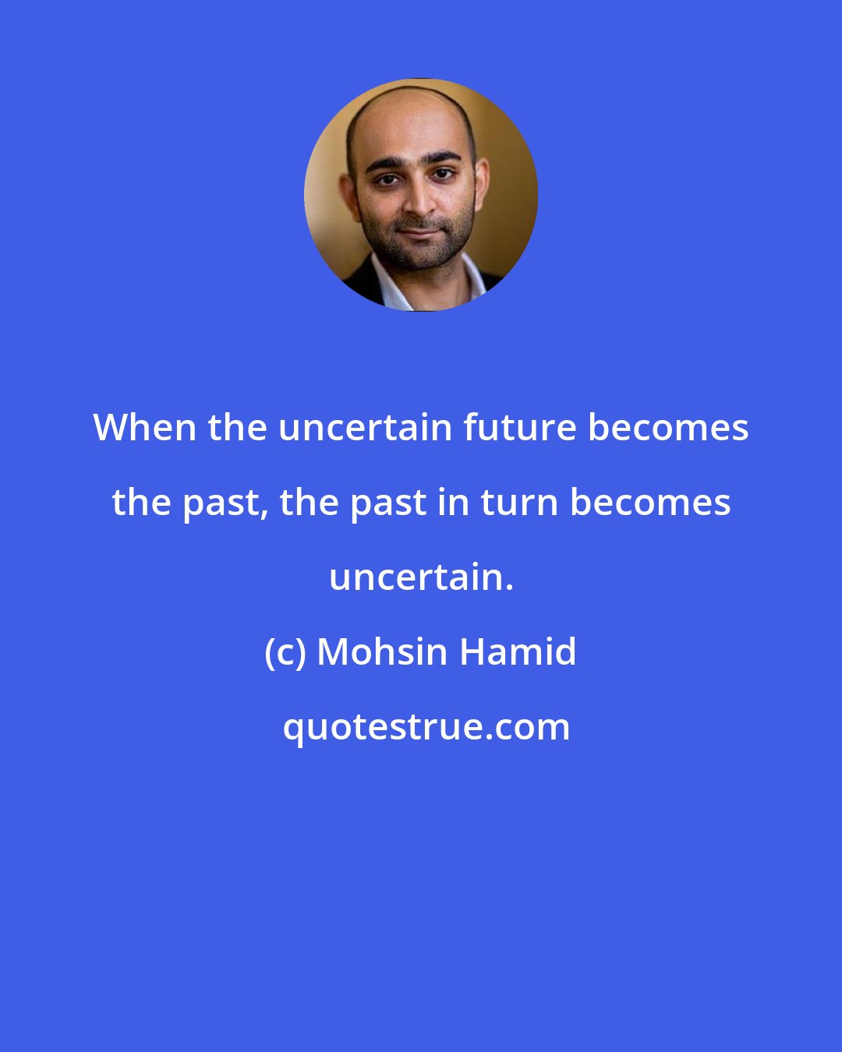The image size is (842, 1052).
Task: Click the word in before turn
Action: click(460, 503)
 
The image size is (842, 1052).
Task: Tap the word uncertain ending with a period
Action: click(421, 577)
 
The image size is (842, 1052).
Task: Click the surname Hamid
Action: click(518, 652)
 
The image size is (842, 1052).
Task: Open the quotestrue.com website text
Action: click(426, 727)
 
